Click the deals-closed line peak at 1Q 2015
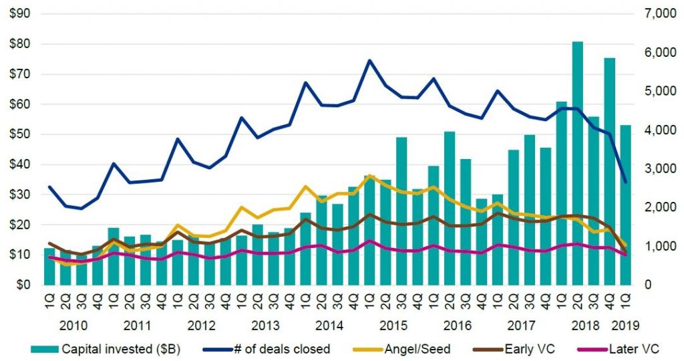tap(369, 60)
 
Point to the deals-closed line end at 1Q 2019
tap(626, 182)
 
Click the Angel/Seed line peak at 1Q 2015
tap(369, 176)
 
